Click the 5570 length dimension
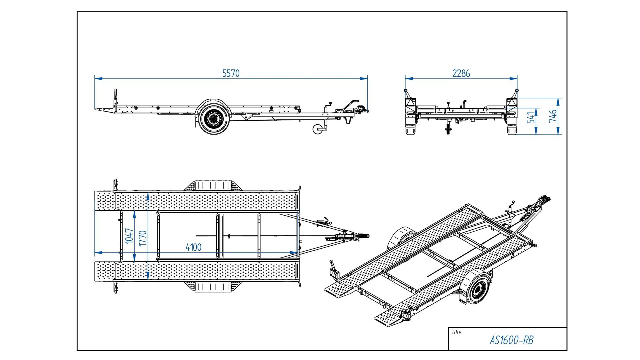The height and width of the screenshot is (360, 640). click(231, 73)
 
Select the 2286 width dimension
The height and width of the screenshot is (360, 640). click(461, 73)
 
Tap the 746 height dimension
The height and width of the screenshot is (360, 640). click(552, 116)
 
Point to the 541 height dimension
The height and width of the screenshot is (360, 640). click(531, 117)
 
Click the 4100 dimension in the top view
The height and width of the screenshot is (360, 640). click(193, 247)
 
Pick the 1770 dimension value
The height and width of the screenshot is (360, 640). click(143, 238)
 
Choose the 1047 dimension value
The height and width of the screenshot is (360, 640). click(129, 236)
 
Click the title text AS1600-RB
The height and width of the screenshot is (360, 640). click(511, 340)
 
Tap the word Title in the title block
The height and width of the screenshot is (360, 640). click(457, 332)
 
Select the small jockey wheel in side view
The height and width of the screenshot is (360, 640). click(318, 129)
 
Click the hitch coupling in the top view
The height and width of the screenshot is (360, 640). click(362, 236)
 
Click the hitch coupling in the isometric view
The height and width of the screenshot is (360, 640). click(545, 200)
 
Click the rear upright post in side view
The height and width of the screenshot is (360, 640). click(116, 97)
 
